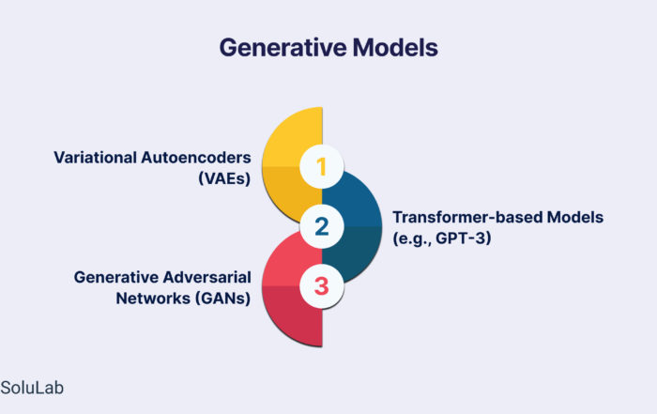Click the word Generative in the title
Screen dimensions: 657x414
pyautogui.click(x=283, y=47)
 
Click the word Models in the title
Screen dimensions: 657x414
pyautogui.click(x=395, y=47)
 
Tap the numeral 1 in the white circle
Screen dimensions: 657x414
pyautogui.click(x=321, y=167)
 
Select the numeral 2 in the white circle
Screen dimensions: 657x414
pyautogui.click(x=321, y=226)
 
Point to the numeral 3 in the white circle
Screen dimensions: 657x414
pyautogui.click(x=321, y=286)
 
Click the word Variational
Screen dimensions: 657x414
pyautogui.click(x=95, y=158)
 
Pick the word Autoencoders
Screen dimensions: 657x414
pyautogui.click(x=196, y=158)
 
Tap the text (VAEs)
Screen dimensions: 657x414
pyautogui.click(x=224, y=178)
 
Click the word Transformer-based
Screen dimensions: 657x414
pyautogui.click(x=467, y=218)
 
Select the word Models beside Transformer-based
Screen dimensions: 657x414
pyautogui.click(x=575, y=218)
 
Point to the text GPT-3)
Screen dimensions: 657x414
pyautogui.click(x=464, y=238)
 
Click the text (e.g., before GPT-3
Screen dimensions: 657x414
pyautogui.click(x=412, y=238)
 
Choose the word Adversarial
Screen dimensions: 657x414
pyautogui.click(x=207, y=277)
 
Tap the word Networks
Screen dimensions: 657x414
pyautogui.click(x=153, y=299)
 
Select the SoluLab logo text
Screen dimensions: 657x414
pyautogui.click(x=32, y=388)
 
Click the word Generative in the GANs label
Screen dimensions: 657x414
pyautogui.click(x=116, y=277)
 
